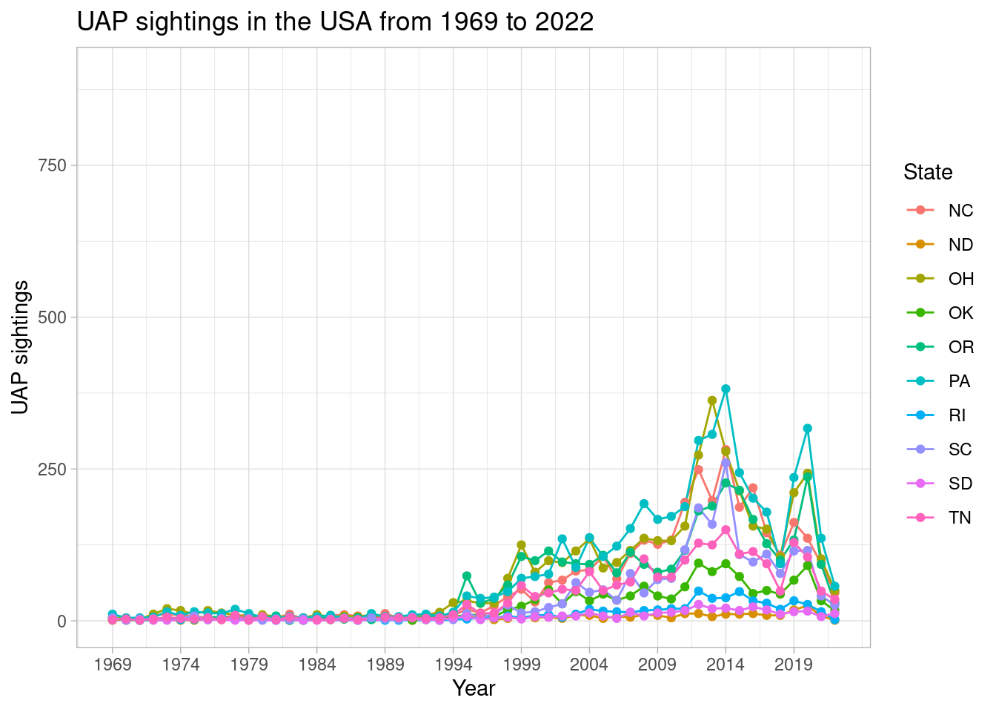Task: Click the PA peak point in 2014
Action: [726, 389]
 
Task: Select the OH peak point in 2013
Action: [712, 400]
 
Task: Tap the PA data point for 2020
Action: [807, 429]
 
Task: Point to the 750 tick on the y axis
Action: [52, 165]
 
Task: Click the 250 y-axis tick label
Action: [52, 469]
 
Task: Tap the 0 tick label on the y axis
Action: [62, 622]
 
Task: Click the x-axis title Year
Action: [474, 688]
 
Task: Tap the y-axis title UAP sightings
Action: [21, 347]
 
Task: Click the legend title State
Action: [928, 173]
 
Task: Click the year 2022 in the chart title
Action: [566, 22]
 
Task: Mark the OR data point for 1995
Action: [466, 576]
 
